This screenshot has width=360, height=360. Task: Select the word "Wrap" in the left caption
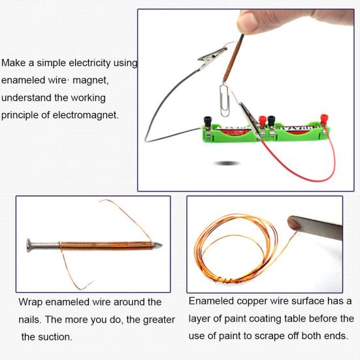pos(31,302)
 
